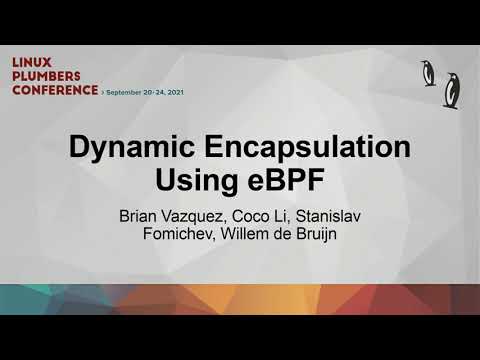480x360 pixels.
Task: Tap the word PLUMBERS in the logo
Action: [48, 76]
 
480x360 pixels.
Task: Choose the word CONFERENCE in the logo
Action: [55, 90]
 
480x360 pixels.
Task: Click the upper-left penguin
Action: [429, 72]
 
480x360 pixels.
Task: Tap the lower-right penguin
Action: [452, 89]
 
